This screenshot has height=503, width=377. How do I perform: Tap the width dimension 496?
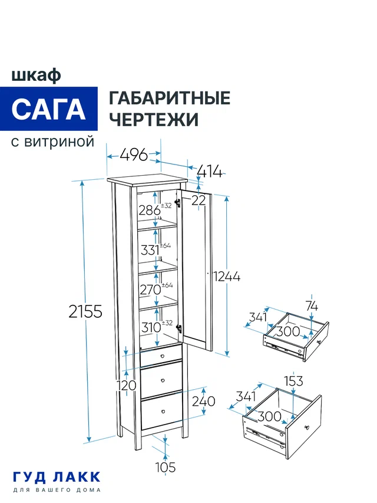(133, 155)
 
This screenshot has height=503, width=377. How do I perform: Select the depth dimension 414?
(210, 172)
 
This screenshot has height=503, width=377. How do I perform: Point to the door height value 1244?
(227, 276)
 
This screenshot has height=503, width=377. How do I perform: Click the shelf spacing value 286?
(149, 209)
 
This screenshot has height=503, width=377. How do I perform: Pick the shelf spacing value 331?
(150, 249)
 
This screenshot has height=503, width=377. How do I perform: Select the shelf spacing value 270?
(150, 289)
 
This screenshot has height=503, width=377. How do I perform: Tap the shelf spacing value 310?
(150, 328)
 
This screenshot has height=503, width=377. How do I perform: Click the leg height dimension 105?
(166, 467)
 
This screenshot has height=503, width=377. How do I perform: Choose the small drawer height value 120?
(127, 385)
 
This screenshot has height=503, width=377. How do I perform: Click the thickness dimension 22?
(199, 200)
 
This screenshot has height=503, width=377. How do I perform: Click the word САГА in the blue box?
(48, 109)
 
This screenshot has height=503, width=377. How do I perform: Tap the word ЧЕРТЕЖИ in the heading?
(154, 120)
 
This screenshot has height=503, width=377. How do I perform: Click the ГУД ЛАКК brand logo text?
(57, 476)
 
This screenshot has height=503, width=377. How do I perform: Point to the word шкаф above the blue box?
(35, 75)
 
